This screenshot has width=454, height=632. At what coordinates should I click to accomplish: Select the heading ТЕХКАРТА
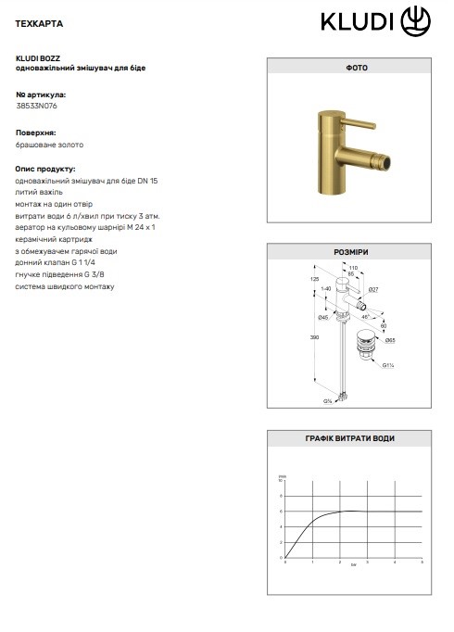39,19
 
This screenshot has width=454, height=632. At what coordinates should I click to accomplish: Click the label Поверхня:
36,133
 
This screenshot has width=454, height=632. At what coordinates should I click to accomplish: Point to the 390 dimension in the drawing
312,338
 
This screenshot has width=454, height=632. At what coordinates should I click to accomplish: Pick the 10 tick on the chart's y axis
282,481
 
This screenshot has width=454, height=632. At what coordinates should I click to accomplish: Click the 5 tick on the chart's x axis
422,562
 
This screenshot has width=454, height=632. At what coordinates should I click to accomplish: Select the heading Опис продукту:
45,170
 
